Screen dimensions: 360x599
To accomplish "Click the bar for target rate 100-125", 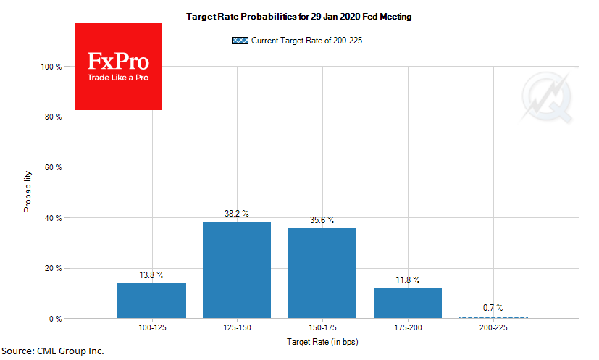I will click(151, 301).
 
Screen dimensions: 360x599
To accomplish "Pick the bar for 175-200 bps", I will click(407, 304).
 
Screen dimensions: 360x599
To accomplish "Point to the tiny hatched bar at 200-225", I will click(493, 317).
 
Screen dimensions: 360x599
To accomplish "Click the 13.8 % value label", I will click(151, 275).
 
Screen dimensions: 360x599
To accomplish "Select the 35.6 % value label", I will click(322, 220).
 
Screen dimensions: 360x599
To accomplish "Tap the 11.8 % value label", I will click(407, 280).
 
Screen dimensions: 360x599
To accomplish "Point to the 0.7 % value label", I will click(493, 308).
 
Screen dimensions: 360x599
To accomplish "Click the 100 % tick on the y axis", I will click(53, 67).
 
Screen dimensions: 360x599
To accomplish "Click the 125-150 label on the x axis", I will click(237, 329).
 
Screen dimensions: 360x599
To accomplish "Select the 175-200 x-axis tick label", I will click(407, 329).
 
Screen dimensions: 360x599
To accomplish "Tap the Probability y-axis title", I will click(28, 192).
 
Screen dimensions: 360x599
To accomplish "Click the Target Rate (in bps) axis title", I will click(322, 341).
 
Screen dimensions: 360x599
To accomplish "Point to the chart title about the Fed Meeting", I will click(298, 16).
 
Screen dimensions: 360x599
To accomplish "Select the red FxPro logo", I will click(118, 67).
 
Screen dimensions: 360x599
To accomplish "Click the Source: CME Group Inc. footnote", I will click(53, 351).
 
